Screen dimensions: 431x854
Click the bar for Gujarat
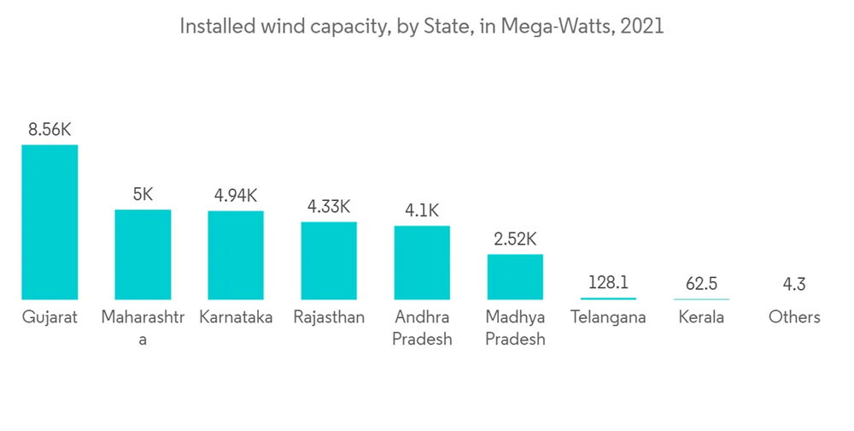pyautogui.click(x=50, y=222)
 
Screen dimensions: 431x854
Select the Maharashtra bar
pyautogui.click(x=143, y=254)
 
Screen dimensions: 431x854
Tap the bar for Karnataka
pyautogui.click(x=236, y=255)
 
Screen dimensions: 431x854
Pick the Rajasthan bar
pyautogui.click(x=329, y=260)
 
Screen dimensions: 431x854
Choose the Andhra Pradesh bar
pyautogui.click(x=422, y=263)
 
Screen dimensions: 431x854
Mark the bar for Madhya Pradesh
pyautogui.click(x=515, y=276)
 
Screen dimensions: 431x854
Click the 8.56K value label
pyautogui.click(x=50, y=130)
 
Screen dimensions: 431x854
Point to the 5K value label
pyautogui.click(x=143, y=195)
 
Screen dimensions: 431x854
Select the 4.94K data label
pyautogui.click(x=236, y=196)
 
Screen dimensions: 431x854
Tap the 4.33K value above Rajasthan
pyautogui.click(x=329, y=207)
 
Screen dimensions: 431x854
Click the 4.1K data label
pyautogui.click(x=422, y=211)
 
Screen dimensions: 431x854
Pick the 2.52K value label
pyautogui.click(x=515, y=239)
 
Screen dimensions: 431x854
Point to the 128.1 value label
pyautogui.click(x=608, y=283)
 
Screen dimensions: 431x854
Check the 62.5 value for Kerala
pyautogui.click(x=701, y=284)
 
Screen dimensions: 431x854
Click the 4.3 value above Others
pyautogui.click(x=794, y=284)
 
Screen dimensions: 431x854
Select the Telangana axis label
pyautogui.click(x=608, y=317)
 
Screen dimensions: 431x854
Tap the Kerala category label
pyautogui.click(x=701, y=317)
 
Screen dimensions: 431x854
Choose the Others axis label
pyautogui.click(x=794, y=317)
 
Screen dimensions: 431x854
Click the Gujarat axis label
pyautogui.click(x=50, y=317)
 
